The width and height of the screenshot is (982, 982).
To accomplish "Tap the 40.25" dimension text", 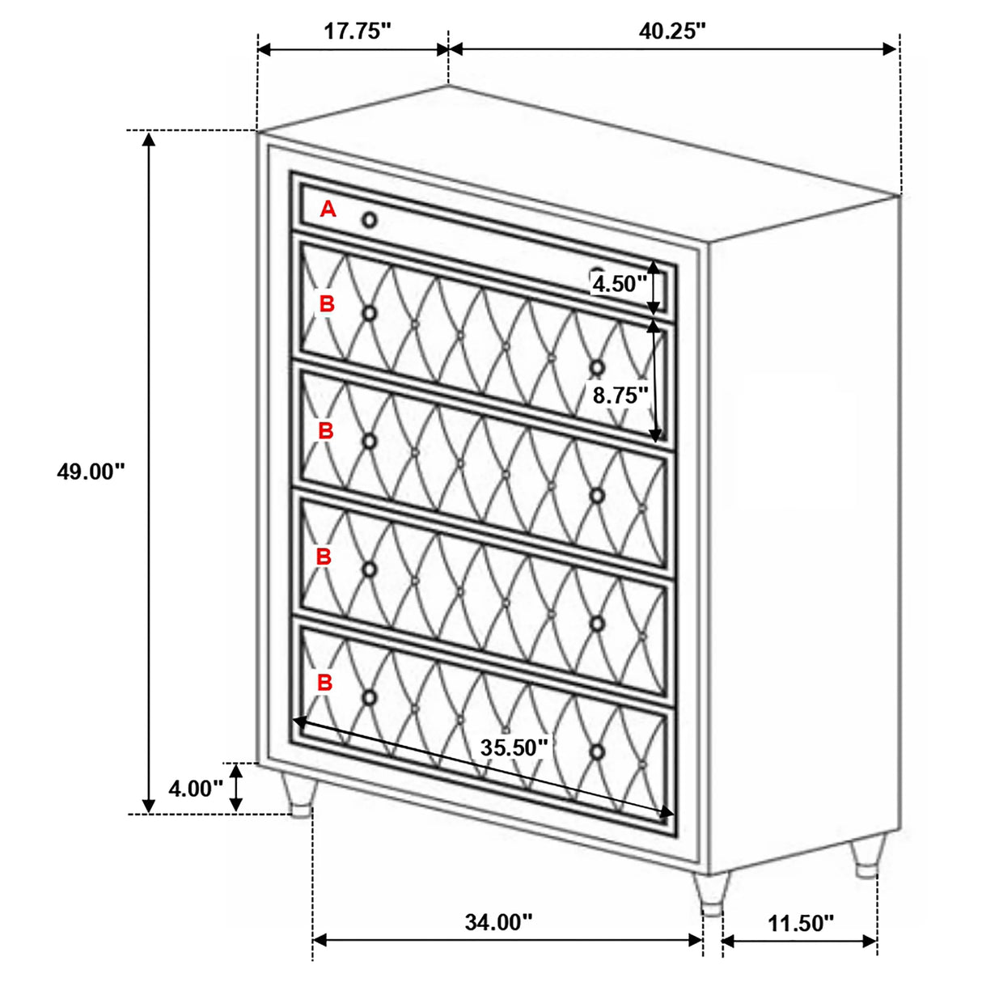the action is (x=672, y=32).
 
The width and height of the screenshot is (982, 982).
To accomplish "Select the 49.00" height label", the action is (x=91, y=472).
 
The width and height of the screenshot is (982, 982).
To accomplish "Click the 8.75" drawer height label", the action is (x=620, y=395).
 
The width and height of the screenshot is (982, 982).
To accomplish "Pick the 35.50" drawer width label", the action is (x=514, y=748).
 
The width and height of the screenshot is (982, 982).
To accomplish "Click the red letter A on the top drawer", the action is (x=328, y=209).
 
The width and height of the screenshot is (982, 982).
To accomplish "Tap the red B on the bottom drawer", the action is (x=324, y=683).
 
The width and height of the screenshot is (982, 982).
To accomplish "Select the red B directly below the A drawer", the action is (x=327, y=303).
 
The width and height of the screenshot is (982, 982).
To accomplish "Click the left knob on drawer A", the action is (x=370, y=220).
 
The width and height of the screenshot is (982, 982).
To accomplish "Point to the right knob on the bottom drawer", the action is (x=597, y=752).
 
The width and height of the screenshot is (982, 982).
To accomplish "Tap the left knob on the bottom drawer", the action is (x=370, y=697).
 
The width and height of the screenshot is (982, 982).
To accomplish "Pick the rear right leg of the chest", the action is (x=867, y=857).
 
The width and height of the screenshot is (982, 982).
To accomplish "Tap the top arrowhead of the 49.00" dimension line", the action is (x=148, y=138).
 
